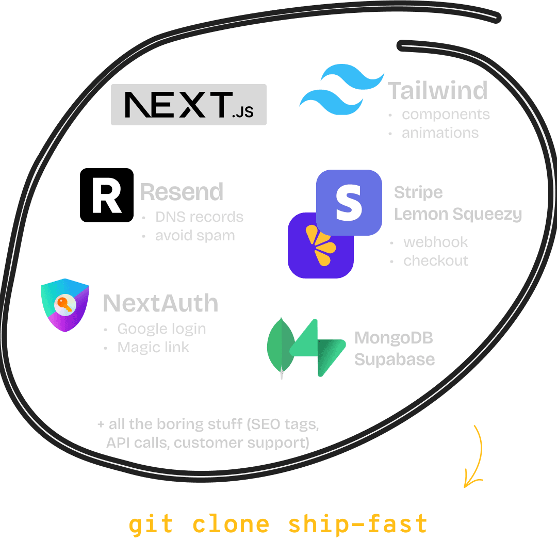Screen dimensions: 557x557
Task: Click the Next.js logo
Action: point(189,105)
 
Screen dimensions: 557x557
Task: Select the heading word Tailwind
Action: point(438,91)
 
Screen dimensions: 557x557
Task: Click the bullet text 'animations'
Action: point(440,133)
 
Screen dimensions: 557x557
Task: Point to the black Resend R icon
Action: point(107,195)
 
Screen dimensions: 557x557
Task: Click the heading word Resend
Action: point(182,192)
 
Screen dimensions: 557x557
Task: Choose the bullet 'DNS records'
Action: point(199,217)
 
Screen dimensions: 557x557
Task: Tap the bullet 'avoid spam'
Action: point(195,236)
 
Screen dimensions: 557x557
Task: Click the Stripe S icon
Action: point(349,202)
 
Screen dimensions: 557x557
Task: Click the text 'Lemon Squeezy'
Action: point(458,214)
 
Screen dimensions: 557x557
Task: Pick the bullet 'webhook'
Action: point(435,242)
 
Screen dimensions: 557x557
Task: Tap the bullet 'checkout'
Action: point(436,261)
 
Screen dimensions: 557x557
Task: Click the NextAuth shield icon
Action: point(65,304)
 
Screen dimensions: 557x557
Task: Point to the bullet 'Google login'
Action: point(161,329)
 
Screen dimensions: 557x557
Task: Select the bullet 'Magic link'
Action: point(153,348)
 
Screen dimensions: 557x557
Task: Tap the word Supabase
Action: point(395,359)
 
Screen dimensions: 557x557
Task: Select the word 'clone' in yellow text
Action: point(231,524)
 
